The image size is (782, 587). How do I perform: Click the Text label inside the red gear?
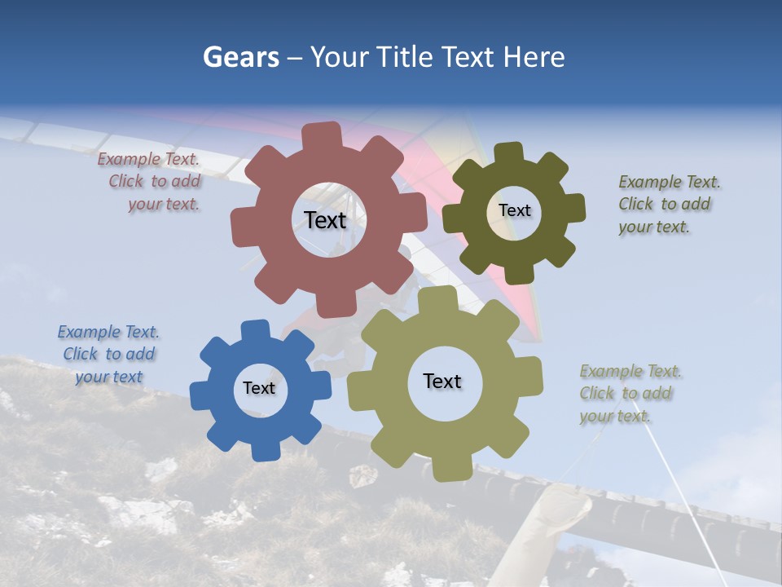(x=325, y=220)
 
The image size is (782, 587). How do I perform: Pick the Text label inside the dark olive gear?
(x=514, y=210)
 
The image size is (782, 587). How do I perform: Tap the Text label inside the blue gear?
(x=259, y=388)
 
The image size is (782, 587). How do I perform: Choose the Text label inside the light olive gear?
(x=442, y=381)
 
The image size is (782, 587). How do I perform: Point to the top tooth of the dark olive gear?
(x=509, y=152)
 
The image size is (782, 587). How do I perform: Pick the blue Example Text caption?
(x=108, y=354)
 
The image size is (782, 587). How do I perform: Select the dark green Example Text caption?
(x=668, y=204)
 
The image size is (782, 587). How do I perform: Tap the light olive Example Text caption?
(x=629, y=393)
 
